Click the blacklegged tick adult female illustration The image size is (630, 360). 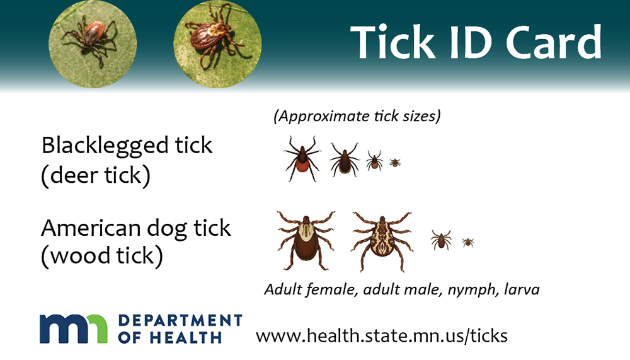302,158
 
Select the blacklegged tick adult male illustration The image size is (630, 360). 344,160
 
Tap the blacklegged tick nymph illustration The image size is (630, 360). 374,161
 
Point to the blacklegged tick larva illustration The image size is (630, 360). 395,163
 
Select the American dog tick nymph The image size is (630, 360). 441,240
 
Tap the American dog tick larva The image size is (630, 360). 467,242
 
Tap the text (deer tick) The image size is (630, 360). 96,177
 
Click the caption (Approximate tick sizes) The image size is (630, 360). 357,116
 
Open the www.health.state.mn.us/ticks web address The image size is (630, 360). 381,335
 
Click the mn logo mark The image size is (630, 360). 74,328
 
